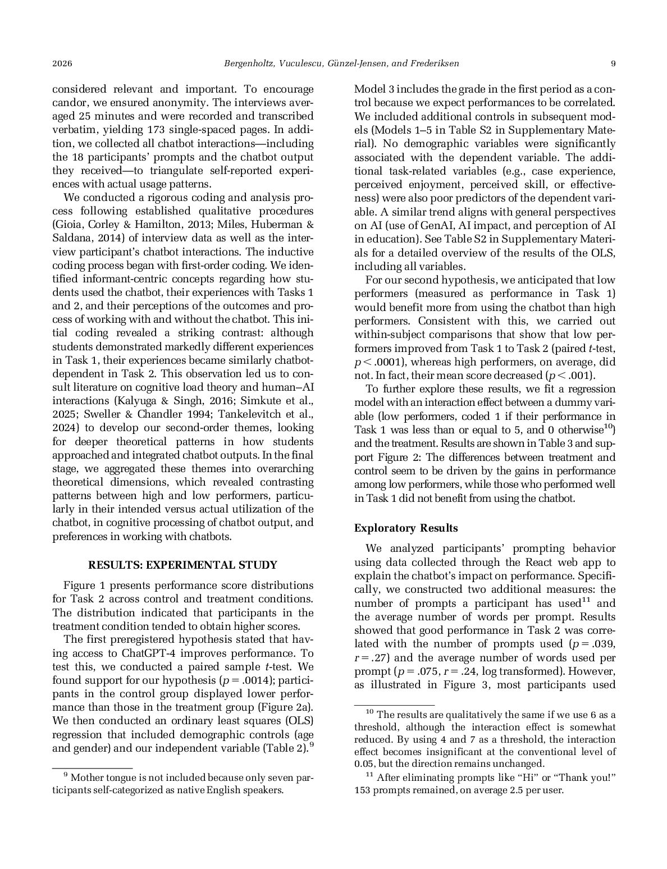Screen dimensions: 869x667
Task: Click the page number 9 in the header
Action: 613,63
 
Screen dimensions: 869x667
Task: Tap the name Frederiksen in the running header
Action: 433,63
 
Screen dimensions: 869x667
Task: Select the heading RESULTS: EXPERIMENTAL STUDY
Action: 183,565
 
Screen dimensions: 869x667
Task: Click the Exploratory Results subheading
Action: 406,528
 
